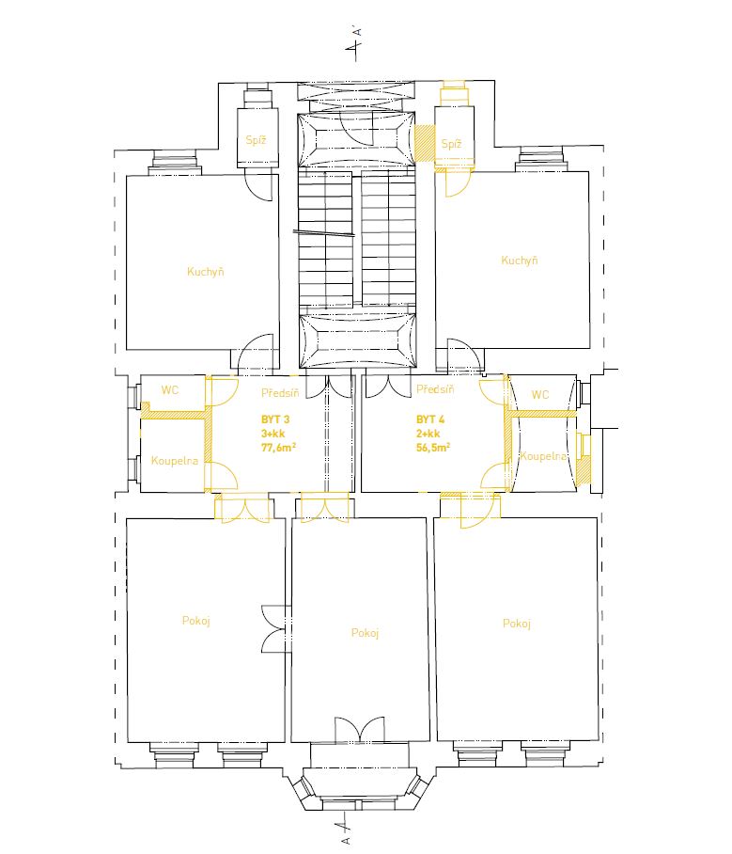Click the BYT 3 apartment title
point(275,419)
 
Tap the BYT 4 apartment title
point(430,419)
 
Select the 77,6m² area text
point(279,448)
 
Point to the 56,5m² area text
point(433,448)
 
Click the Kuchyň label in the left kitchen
point(205,271)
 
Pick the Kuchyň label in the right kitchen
point(520,260)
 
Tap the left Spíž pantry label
point(256,139)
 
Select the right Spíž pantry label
point(452,144)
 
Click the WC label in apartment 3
point(170,390)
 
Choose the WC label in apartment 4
point(540,394)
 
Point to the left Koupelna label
point(175,461)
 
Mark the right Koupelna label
point(543,456)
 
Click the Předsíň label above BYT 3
point(280,392)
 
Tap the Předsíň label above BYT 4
point(435,388)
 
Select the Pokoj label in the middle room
point(365,633)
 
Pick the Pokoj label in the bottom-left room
point(196,621)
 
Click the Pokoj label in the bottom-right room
point(517,624)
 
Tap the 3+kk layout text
point(273,434)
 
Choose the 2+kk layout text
point(428,434)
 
